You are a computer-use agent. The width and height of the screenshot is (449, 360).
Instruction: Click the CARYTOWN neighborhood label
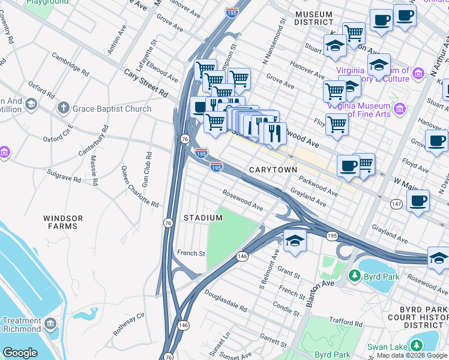pyautogui.click(x=273, y=170)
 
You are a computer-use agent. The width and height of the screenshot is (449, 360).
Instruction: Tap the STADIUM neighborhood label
pyautogui.click(x=203, y=217)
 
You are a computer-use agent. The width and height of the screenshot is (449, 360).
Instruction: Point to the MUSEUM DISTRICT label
pyautogui.click(x=313, y=18)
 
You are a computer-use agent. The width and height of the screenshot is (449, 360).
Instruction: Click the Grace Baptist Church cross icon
pyautogui.click(x=62, y=109)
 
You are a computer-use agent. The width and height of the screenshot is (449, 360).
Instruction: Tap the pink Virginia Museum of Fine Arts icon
pyautogui.click(x=399, y=109)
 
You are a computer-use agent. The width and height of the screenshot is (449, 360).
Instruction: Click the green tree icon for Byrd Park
pyautogui.click(x=355, y=276)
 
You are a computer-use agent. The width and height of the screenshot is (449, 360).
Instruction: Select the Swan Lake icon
pyautogui.click(x=415, y=345)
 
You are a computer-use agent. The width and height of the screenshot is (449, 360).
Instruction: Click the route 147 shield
pyautogui.click(x=396, y=205)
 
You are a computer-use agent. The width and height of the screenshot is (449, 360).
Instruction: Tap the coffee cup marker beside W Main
pyautogui.click(x=417, y=200)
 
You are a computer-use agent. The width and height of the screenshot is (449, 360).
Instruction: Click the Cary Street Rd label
pyautogui.click(x=146, y=83)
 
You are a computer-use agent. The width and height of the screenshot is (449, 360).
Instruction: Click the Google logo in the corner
pyautogui.click(x=20, y=353)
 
